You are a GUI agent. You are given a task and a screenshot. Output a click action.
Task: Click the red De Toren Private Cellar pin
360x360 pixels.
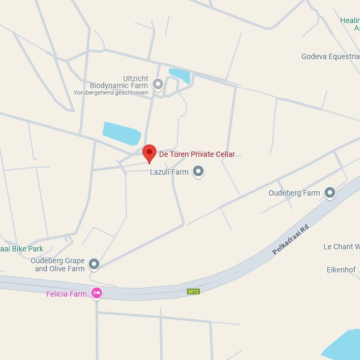point(149,153)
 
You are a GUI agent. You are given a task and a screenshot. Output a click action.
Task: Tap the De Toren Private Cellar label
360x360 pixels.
point(197,154)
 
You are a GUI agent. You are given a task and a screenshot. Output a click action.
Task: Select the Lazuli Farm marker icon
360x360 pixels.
point(198,171)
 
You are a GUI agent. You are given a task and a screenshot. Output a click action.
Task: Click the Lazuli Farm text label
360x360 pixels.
point(169,172)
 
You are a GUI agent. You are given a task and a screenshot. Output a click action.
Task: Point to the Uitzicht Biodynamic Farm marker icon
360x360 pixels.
point(158,84)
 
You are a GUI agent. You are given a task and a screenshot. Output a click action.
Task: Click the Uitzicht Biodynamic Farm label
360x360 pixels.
point(119,82)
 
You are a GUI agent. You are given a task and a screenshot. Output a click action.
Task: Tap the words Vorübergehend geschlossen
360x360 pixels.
point(111,93)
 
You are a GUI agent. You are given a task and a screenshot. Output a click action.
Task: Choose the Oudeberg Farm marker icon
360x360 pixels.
point(330,192)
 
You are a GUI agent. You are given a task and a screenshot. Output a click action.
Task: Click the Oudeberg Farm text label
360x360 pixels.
point(294,193)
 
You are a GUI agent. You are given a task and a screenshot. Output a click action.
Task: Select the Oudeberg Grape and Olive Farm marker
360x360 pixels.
point(94,263)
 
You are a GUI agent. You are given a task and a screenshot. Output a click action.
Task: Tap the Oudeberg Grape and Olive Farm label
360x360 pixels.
point(58,264)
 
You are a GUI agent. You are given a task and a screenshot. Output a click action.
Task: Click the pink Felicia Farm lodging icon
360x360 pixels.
point(97,293)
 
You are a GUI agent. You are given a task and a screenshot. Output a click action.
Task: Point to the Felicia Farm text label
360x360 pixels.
point(66,294)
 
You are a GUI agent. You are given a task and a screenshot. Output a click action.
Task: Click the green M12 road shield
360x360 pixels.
point(193,291)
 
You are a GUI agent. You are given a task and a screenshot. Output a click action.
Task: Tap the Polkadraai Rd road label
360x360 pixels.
point(291,239)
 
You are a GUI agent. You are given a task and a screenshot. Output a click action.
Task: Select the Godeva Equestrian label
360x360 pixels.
point(330,56)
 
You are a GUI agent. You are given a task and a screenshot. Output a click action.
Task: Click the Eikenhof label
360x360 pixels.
point(341,270)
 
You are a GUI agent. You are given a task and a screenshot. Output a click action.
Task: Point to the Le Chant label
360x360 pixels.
point(342,247)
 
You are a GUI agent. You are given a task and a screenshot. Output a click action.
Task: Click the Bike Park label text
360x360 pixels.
point(21,249)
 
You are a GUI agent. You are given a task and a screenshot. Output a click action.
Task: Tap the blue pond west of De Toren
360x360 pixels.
point(121,133)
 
